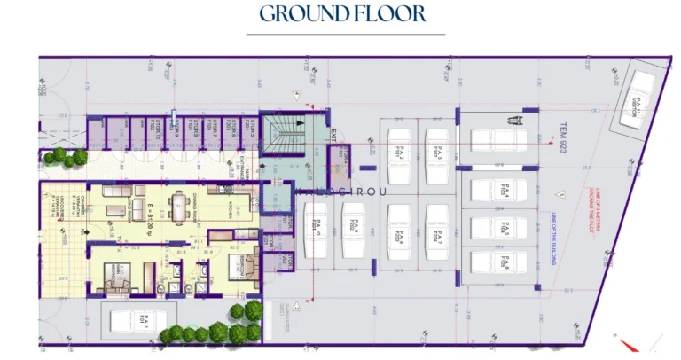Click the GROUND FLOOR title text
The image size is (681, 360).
[x=342, y=14]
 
